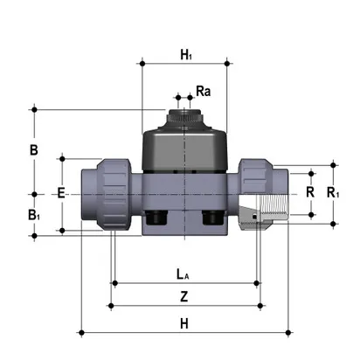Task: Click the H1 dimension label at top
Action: coord(185,54)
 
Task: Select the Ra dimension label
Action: coord(203,90)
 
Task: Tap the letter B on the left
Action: coord(33,150)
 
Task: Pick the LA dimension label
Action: coord(184,273)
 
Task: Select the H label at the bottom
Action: coord(184,322)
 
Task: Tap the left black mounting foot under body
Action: coord(157,218)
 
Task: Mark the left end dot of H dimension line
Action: coord(80,332)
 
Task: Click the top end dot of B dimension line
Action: coord(34,109)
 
